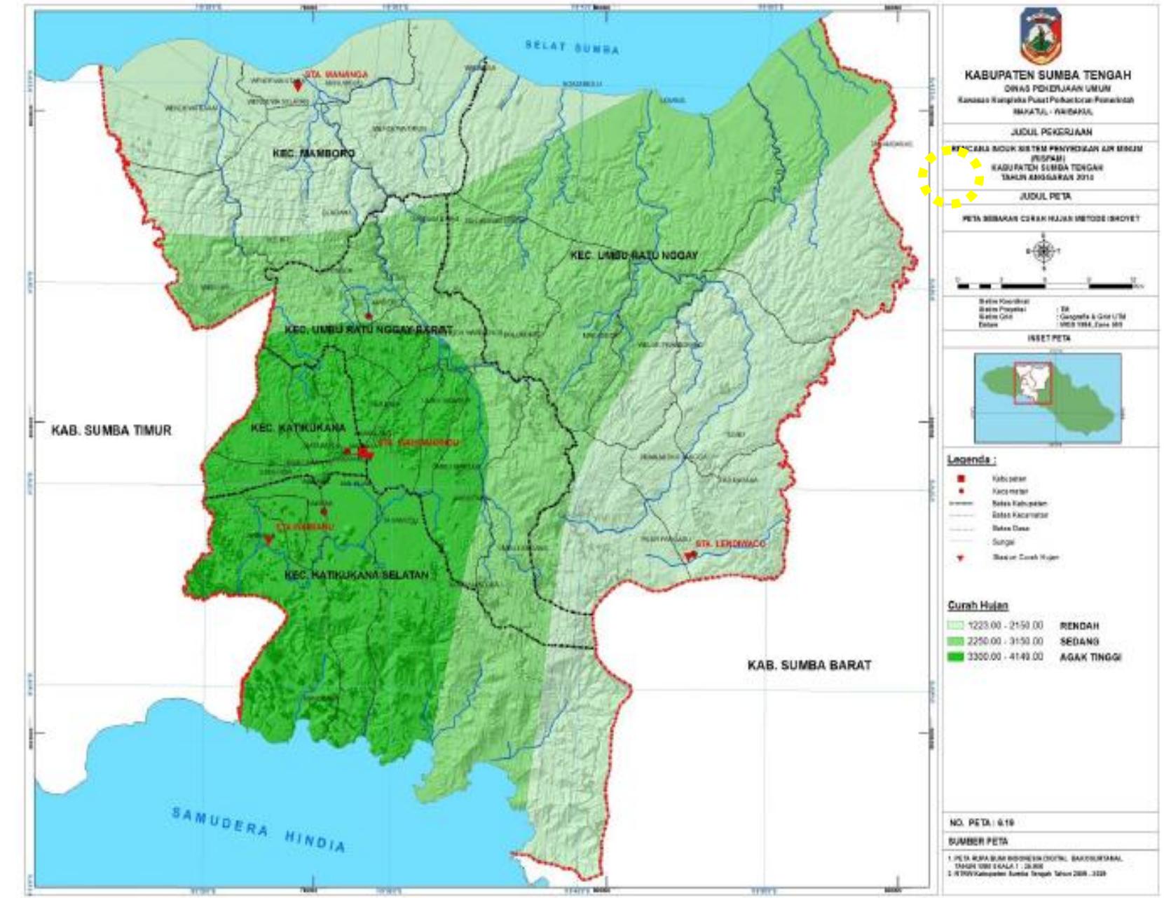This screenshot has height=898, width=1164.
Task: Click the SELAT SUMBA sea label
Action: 573,48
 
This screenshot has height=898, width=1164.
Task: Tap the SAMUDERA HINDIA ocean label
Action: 259,829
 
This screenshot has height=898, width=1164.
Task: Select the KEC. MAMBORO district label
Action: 313,153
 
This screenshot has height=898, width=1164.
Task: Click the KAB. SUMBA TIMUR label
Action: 111,430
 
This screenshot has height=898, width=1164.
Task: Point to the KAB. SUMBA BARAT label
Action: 809,665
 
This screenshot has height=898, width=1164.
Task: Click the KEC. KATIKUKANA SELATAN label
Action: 357,575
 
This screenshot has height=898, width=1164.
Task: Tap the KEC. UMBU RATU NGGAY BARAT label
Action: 367,329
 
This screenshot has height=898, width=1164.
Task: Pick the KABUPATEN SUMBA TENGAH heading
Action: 1047,75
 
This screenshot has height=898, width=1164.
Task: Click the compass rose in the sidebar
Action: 1043,251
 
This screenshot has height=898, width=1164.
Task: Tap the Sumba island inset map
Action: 1047,397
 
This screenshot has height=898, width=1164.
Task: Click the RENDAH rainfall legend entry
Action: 1079,625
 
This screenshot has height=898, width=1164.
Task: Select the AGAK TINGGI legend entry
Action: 1090,657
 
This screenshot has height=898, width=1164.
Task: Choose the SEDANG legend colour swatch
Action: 956,641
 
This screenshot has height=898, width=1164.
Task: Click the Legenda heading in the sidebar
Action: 971,460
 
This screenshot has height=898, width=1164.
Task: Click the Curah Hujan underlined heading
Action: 968,605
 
